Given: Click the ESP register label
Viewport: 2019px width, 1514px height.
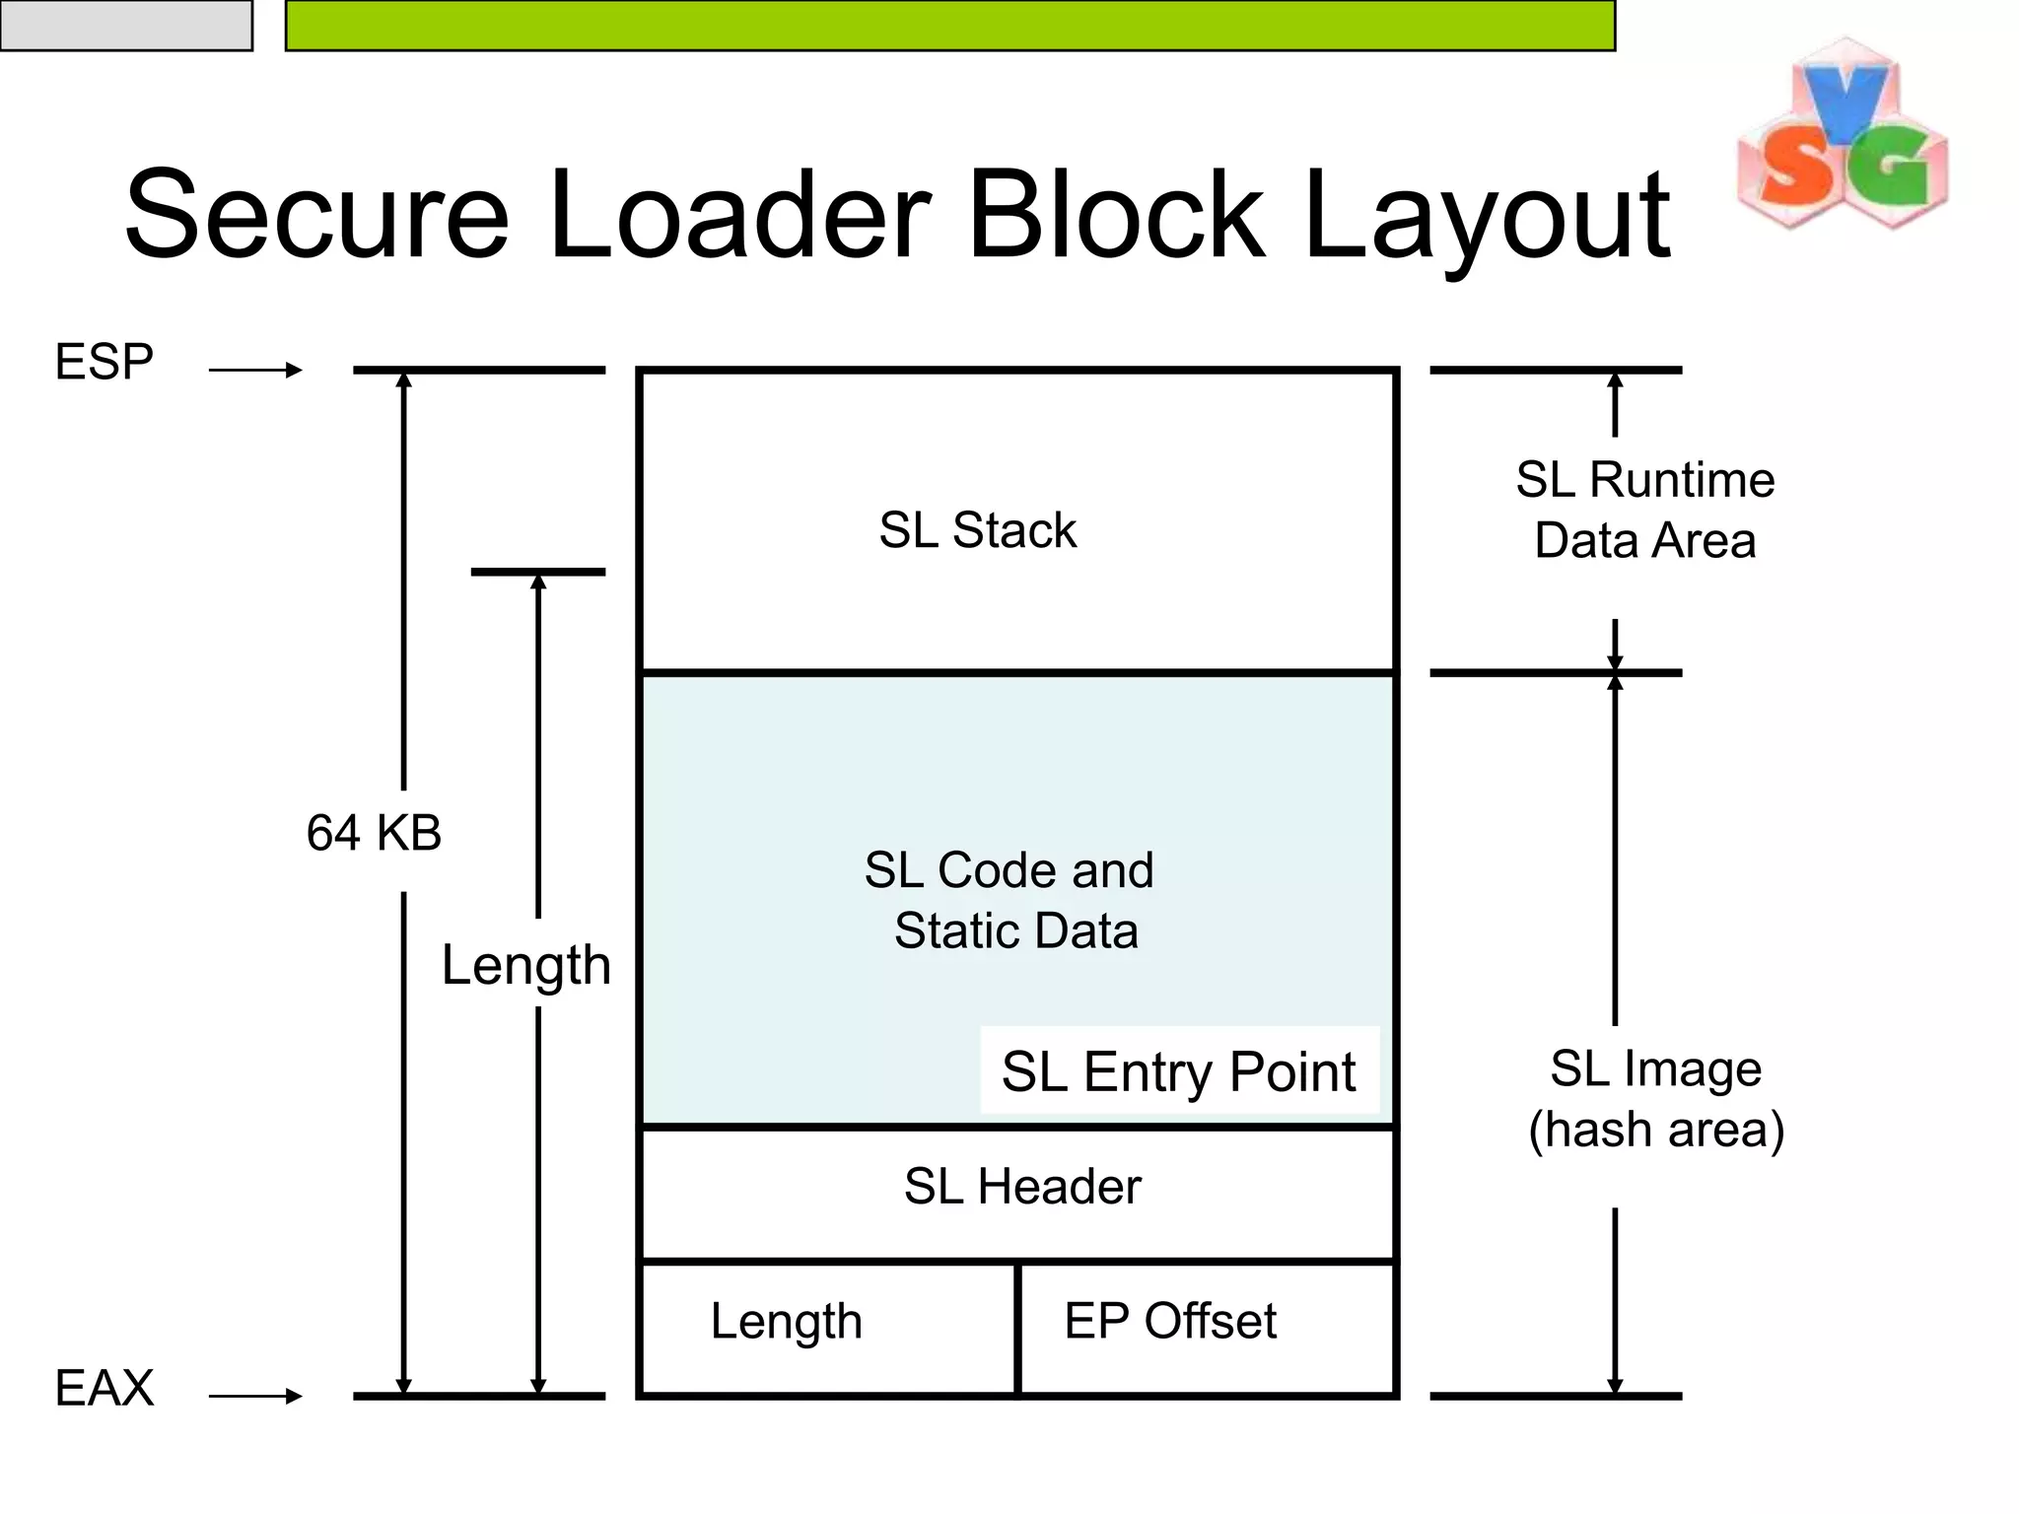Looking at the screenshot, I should (104, 362).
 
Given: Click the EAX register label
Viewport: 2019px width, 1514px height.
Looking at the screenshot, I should (104, 1388).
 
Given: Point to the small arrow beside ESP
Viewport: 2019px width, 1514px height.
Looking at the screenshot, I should (255, 371).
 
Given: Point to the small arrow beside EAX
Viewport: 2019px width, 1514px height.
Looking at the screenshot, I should (255, 1396).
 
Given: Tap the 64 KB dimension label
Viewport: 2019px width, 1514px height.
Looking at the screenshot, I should (374, 833).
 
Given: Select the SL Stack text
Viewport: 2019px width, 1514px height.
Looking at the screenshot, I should (977, 530).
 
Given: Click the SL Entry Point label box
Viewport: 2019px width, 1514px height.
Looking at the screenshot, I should (1178, 1071).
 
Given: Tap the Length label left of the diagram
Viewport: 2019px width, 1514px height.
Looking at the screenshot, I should (525, 965).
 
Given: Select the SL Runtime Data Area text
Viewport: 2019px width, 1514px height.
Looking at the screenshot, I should (1645, 510).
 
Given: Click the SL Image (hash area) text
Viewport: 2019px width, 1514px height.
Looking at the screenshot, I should (1656, 1099).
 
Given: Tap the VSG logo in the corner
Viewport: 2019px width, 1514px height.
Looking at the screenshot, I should (1842, 135).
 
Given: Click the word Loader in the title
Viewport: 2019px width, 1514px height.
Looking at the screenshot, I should (738, 214).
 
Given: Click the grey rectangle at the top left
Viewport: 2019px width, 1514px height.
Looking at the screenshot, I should (126, 26).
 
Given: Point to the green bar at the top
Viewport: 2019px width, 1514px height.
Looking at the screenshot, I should (950, 26).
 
